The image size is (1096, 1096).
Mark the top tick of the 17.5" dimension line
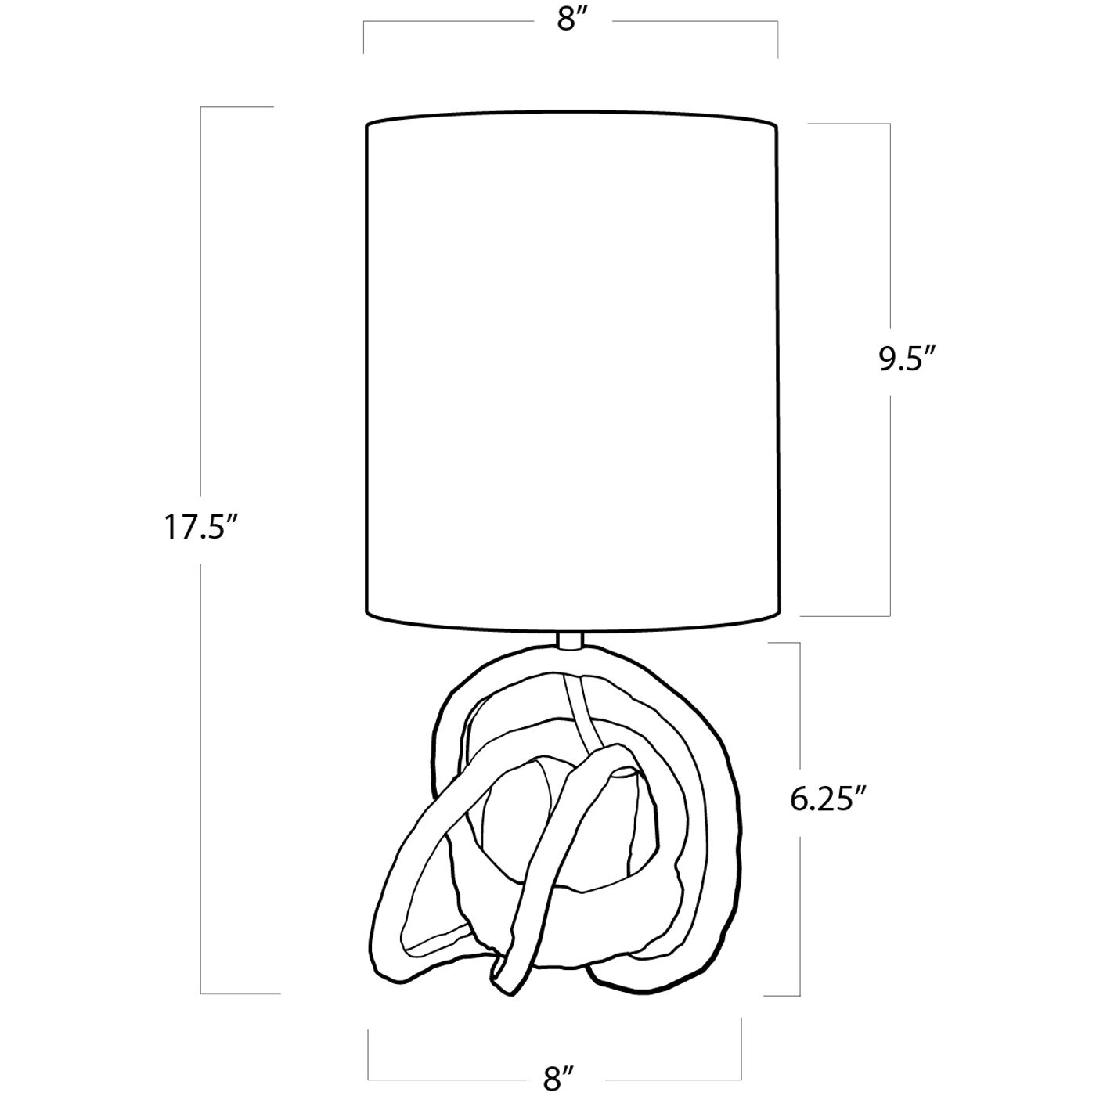coord(237,107)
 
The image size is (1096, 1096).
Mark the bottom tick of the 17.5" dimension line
coord(240,993)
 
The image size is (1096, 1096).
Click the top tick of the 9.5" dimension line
coord(849,124)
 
